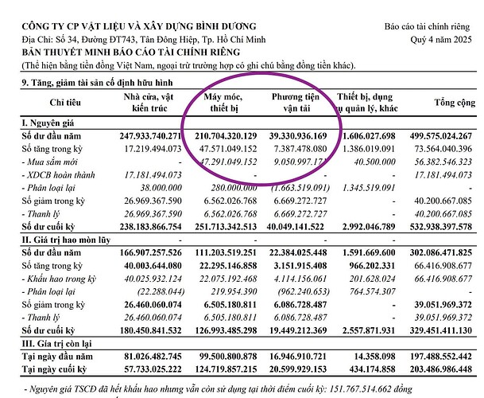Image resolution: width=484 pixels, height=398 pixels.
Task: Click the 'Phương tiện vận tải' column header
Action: click(x=293, y=101)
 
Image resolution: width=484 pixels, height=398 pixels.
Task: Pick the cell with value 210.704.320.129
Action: click(x=219, y=137)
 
